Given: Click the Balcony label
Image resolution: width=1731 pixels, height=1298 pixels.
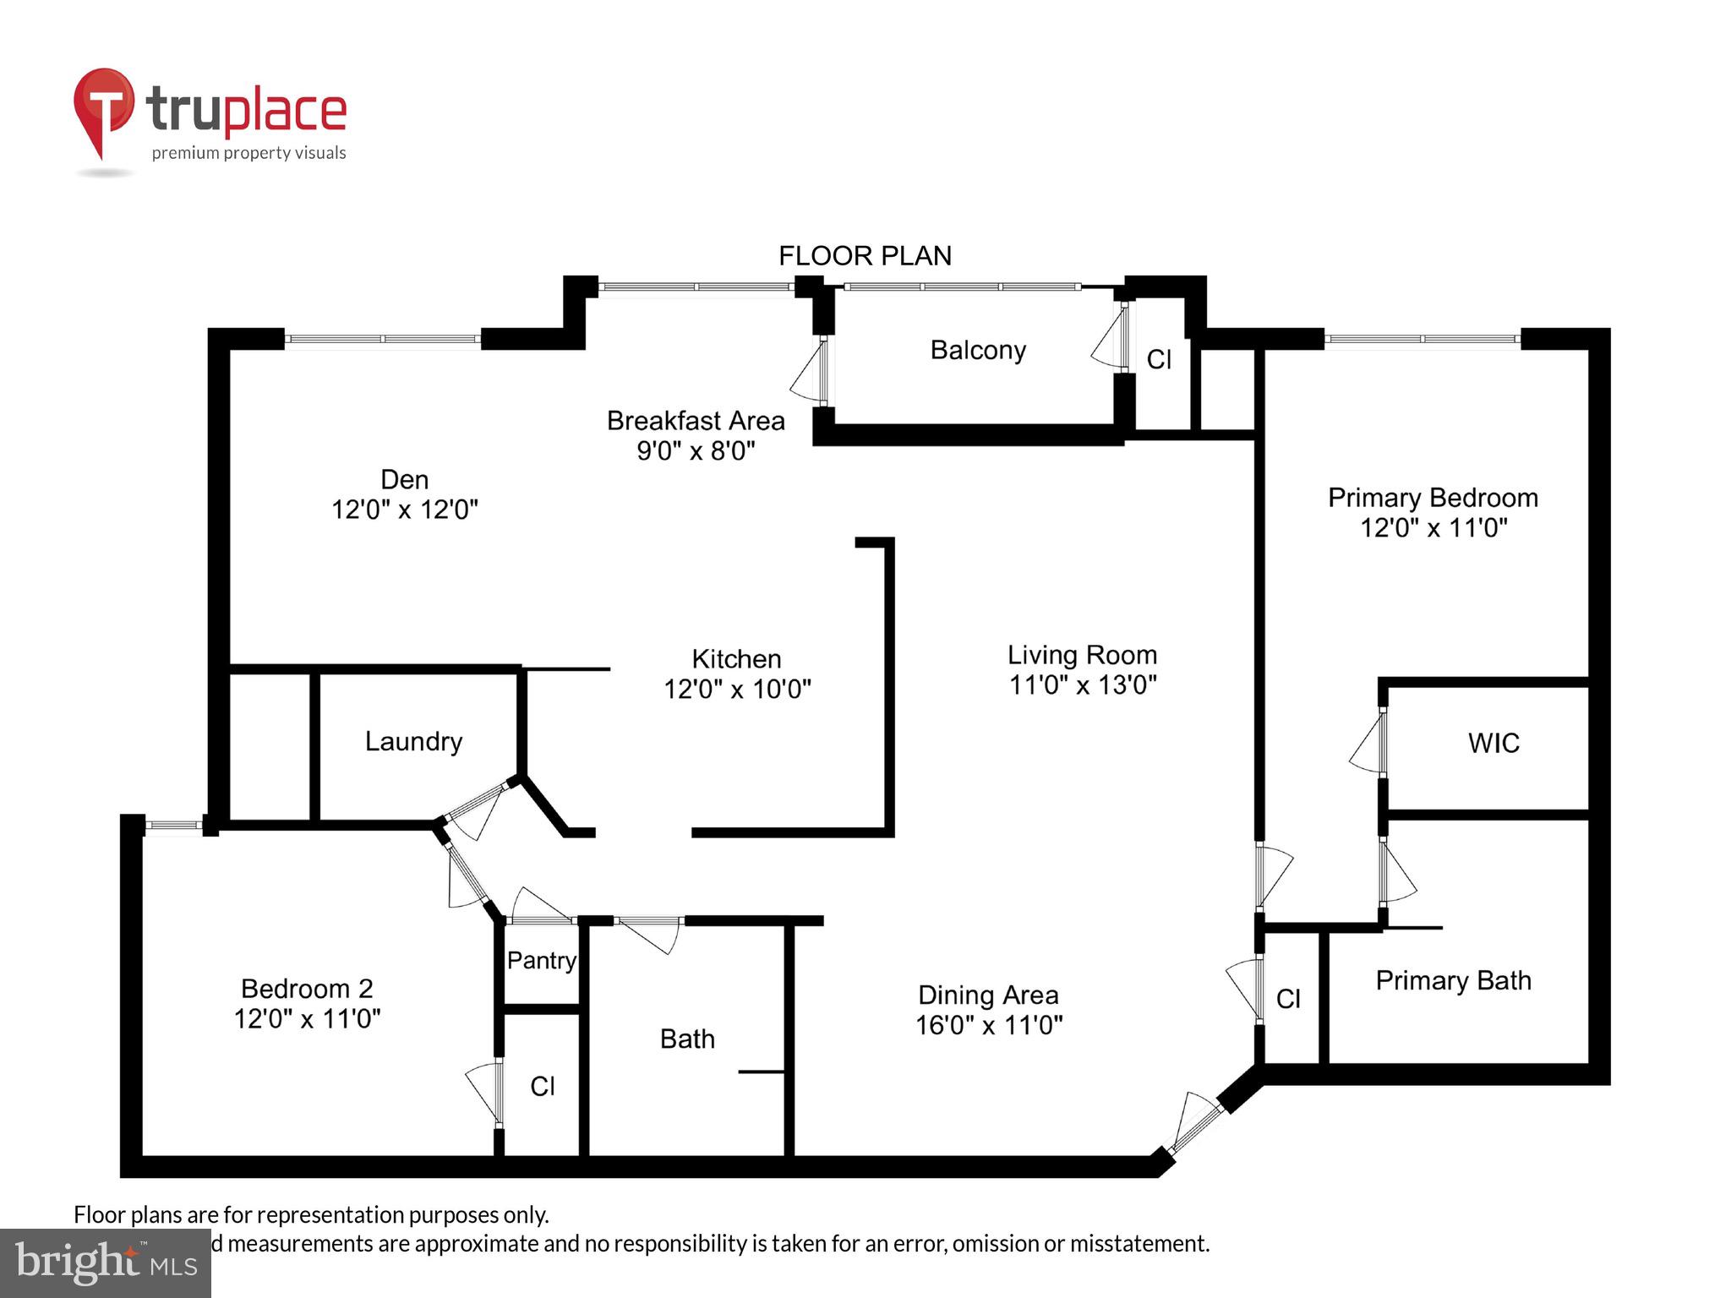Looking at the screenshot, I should [x=978, y=350].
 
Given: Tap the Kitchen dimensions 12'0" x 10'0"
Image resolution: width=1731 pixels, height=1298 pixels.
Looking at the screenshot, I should [x=737, y=690].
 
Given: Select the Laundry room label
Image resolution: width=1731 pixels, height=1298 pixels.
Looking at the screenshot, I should [x=413, y=741].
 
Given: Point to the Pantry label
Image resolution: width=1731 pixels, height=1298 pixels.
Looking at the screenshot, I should [x=541, y=960].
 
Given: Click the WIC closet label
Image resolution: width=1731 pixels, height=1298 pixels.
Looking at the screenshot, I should [x=1493, y=743].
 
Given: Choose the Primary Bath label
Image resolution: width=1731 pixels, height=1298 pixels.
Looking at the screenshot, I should [x=1453, y=980].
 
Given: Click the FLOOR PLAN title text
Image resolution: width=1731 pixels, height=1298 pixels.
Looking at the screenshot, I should [x=865, y=255].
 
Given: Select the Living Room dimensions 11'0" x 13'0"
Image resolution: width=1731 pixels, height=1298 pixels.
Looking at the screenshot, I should [x=1083, y=684].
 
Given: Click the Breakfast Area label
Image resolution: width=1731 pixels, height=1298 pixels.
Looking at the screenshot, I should [x=696, y=420].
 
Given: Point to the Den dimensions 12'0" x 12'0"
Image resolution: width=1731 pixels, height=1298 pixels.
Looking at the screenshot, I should [x=404, y=510].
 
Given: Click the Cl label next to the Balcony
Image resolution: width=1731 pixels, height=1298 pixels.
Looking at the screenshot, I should [x=1159, y=360].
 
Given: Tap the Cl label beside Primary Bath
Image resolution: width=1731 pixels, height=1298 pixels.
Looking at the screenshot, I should [x=1288, y=999].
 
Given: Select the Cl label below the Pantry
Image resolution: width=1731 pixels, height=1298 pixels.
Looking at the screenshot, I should [x=542, y=1086].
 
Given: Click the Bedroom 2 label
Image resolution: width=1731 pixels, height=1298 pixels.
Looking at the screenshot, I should [x=307, y=988].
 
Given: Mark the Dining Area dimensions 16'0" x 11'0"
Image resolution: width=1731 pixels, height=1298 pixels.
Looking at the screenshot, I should [x=989, y=1025].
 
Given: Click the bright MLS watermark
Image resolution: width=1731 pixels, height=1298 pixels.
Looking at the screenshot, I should [x=106, y=1263].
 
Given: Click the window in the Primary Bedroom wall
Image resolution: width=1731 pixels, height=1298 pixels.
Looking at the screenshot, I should [x=1422, y=339].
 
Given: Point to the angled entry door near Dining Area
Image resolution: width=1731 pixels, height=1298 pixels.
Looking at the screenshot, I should [x=1193, y=1123].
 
